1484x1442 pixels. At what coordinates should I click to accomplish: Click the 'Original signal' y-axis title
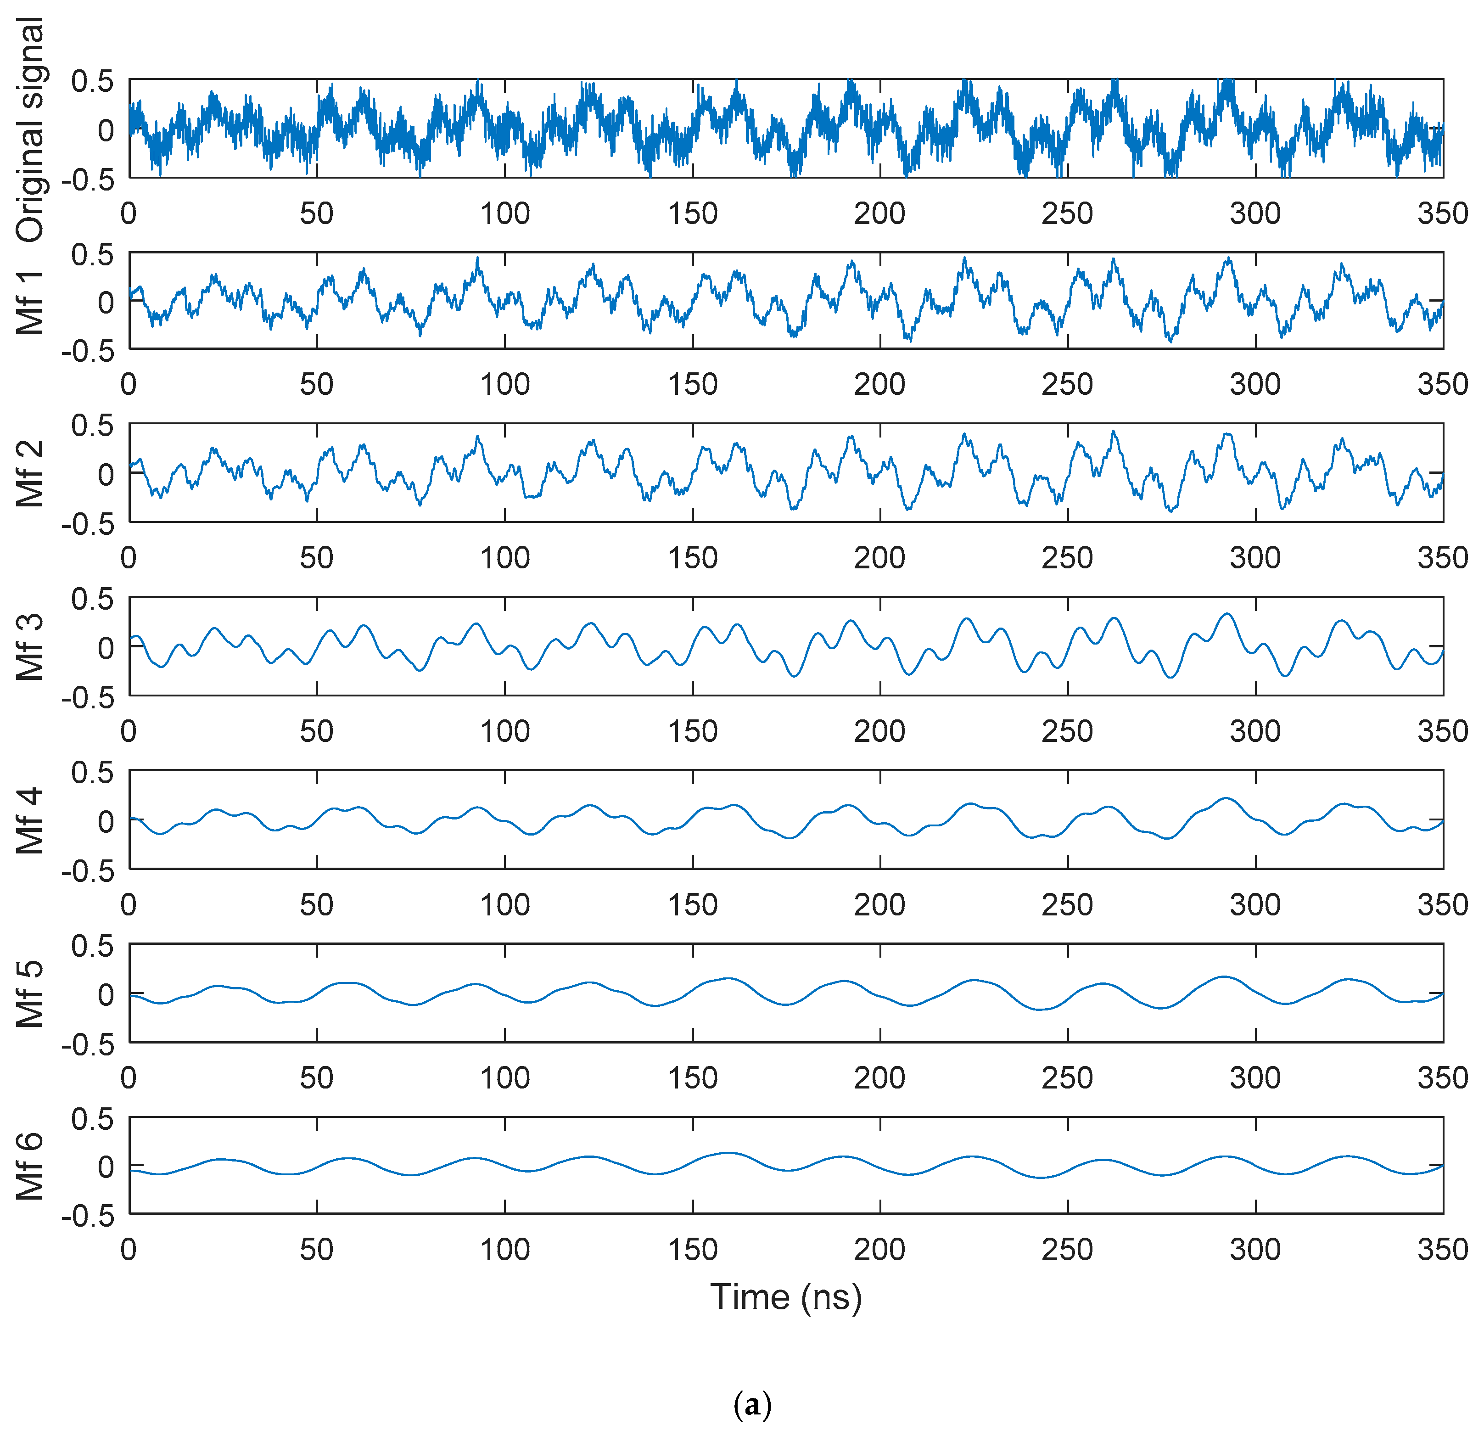coord(30,130)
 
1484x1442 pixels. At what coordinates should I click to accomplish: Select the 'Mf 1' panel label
coord(30,302)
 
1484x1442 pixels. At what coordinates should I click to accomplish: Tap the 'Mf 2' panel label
coord(30,474)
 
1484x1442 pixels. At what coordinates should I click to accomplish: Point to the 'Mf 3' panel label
coord(30,647)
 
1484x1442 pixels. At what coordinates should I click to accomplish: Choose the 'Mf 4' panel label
coord(30,821)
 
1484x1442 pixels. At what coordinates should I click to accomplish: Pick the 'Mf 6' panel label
coord(30,1167)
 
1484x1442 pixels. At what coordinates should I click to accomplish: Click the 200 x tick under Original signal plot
coord(880,213)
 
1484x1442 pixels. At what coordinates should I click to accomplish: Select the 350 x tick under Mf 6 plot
coord(1442,1250)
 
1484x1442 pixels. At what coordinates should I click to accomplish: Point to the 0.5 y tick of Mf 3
coord(92,599)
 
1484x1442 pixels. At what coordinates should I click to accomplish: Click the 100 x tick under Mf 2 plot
coord(505,558)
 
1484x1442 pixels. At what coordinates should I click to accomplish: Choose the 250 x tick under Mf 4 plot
coord(1068,904)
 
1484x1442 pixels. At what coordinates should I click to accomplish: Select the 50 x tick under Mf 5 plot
coord(316,1078)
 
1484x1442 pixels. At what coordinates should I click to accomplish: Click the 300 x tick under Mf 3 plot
coord(1255,732)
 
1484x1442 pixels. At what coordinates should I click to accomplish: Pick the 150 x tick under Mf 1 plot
coord(693,385)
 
